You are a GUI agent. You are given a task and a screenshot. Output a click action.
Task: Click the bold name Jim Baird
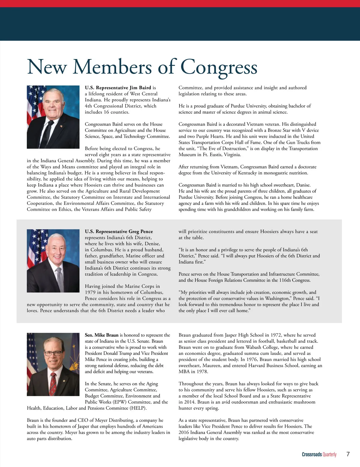pos(140,88)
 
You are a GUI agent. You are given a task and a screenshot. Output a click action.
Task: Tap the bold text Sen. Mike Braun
pos(101,335)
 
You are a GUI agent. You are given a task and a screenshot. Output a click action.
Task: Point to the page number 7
pos(348,454)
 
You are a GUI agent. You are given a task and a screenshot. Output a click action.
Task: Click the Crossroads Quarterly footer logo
pos(319,454)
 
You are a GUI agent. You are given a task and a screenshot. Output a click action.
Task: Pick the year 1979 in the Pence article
pos(90,292)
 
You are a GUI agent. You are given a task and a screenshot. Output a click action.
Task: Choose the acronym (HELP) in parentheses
pos(138,408)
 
